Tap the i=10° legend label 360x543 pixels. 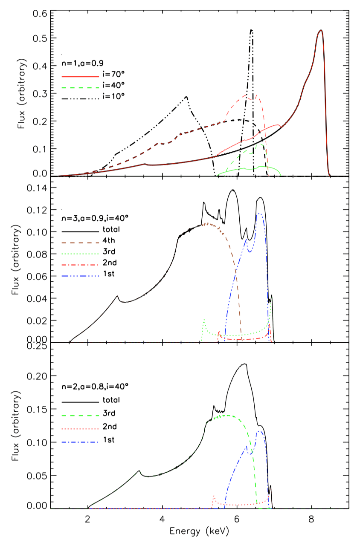click(112, 96)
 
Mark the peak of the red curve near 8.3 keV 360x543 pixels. click(321, 30)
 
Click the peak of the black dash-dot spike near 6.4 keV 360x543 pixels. click(252, 30)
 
